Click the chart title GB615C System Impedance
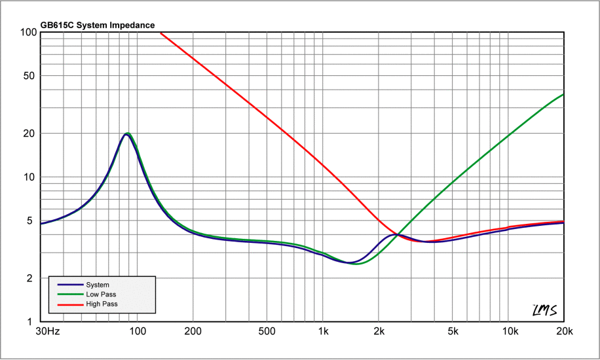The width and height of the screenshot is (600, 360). coord(97,26)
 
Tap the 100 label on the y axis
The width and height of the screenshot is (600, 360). coord(28,32)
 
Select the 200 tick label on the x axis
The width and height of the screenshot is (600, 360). coord(193,332)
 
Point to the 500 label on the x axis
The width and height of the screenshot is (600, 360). coord(267,332)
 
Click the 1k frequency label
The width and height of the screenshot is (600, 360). coord(323,332)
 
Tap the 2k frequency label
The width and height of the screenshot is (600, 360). coord(379,332)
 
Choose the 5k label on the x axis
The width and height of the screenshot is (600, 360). coord(453,332)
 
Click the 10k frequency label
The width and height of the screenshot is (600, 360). coord(508,332)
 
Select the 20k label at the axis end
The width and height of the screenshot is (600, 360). coord(563,332)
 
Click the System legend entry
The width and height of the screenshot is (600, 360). coord(97,285)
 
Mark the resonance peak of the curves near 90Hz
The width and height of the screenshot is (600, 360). coord(127,134)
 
